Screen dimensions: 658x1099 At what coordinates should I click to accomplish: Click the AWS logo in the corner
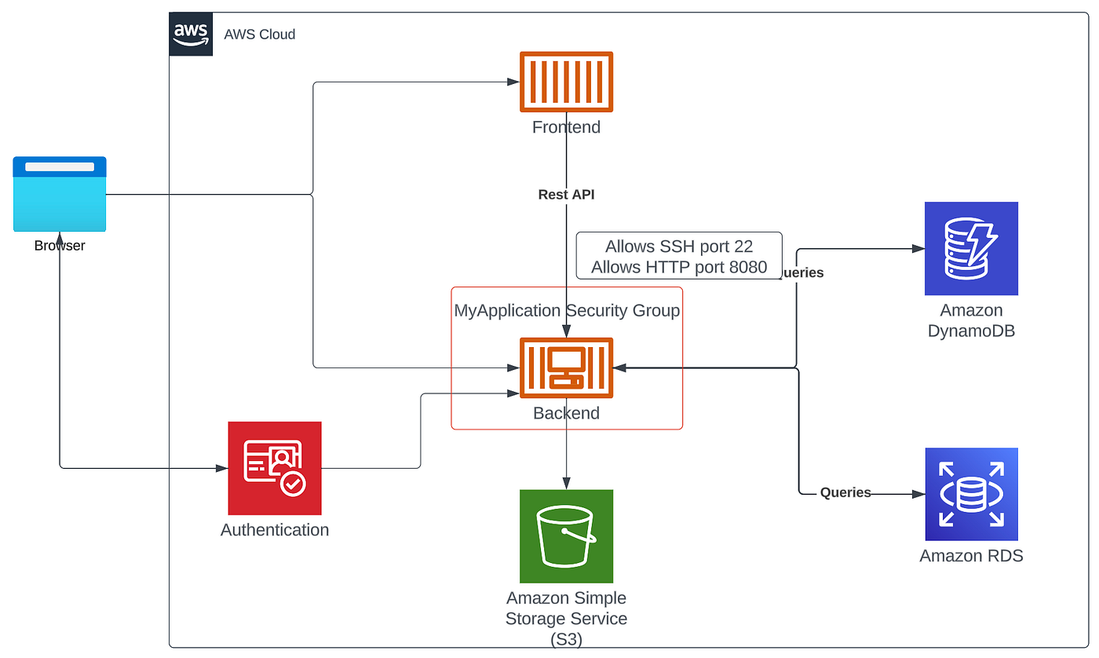click(x=191, y=34)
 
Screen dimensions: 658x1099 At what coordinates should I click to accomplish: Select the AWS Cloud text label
click(x=260, y=35)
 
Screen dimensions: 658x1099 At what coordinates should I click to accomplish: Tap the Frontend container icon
click(x=566, y=82)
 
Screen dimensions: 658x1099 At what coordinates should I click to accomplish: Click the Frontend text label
click(x=566, y=127)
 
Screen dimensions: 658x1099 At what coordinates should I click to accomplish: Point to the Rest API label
click(x=566, y=194)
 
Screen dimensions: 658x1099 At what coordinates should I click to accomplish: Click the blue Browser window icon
click(x=60, y=194)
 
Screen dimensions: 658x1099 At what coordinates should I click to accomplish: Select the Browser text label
click(x=60, y=246)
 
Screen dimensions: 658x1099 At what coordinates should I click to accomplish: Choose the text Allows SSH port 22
click(x=679, y=247)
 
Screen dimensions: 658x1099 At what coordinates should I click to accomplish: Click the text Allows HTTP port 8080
click(x=679, y=267)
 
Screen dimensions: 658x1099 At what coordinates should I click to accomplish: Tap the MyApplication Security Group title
click(x=567, y=311)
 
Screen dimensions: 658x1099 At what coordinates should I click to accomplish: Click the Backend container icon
click(x=566, y=367)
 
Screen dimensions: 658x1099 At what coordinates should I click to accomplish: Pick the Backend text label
click(x=566, y=413)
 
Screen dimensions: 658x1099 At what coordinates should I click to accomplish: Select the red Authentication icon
click(x=275, y=468)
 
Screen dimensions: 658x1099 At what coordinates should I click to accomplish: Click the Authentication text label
click(x=275, y=530)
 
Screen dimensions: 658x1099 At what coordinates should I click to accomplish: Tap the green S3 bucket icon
click(x=566, y=536)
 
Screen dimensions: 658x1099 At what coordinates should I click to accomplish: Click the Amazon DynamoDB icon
click(x=971, y=249)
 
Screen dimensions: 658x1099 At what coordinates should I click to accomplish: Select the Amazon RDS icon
click(x=971, y=495)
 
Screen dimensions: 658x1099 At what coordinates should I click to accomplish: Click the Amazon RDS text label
click(x=971, y=557)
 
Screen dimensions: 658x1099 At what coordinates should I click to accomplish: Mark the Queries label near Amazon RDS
click(x=845, y=493)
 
